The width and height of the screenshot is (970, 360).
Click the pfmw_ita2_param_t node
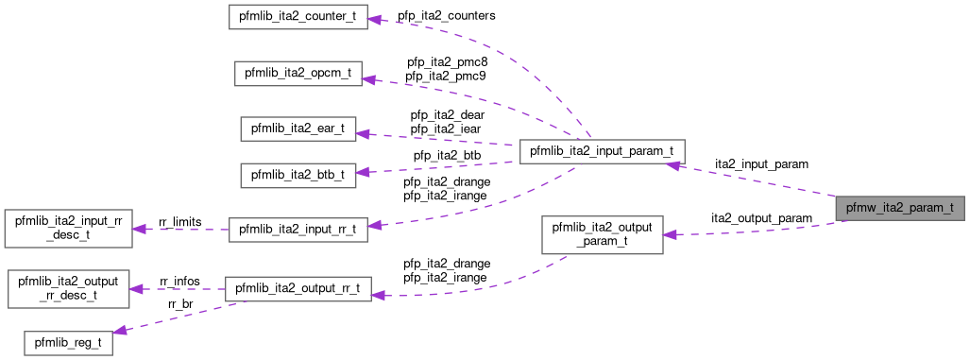click(x=900, y=207)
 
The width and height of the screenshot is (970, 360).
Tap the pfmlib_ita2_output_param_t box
click(x=602, y=233)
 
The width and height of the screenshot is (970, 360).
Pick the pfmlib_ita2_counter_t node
click(x=298, y=18)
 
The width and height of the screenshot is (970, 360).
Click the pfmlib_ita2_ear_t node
click(x=298, y=129)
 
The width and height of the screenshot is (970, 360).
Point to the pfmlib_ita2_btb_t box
click(x=298, y=175)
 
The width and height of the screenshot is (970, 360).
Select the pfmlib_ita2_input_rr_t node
click(x=298, y=230)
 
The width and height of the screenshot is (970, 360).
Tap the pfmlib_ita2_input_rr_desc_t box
click(x=67, y=230)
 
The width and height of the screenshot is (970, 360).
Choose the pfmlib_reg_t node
click(x=67, y=341)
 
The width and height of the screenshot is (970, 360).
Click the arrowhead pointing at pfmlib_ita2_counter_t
click(x=374, y=19)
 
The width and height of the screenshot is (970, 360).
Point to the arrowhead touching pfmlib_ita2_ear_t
click(x=363, y=133)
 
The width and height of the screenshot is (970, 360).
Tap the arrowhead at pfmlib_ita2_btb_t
click(x=363, y=173)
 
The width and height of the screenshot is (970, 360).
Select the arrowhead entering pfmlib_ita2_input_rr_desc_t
click(x=137, y=230)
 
